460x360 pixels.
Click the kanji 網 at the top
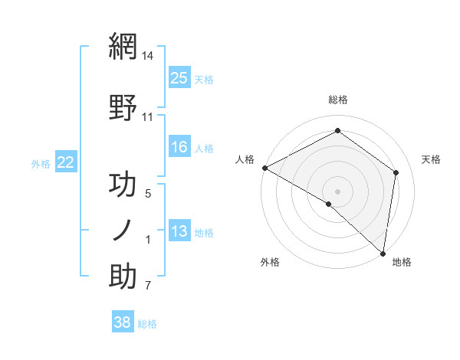123,47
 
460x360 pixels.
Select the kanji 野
123,107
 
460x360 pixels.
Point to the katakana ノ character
123,231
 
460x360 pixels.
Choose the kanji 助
123,277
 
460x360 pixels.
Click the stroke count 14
148,56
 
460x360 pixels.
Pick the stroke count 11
148,117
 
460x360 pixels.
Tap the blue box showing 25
179,77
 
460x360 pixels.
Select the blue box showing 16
179,147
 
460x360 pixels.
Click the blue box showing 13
179,231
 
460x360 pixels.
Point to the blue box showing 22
66,162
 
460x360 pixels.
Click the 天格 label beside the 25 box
204,79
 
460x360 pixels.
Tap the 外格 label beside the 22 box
41,163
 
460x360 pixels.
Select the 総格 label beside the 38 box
147,324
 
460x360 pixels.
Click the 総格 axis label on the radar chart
338,100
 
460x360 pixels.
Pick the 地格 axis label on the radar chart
402,262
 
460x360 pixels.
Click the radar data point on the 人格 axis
264,168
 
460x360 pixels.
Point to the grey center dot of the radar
338,191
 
